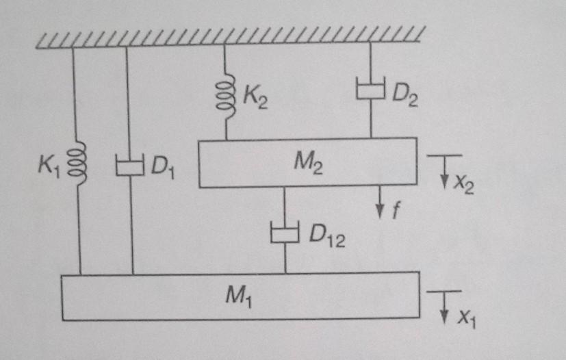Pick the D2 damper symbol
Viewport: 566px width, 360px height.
(x=370, y=90)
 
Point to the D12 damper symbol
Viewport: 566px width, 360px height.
(x=285, y=233)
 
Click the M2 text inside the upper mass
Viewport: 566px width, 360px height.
(x=305, y=162)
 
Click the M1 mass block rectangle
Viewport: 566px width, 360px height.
(x=137, y=296)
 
